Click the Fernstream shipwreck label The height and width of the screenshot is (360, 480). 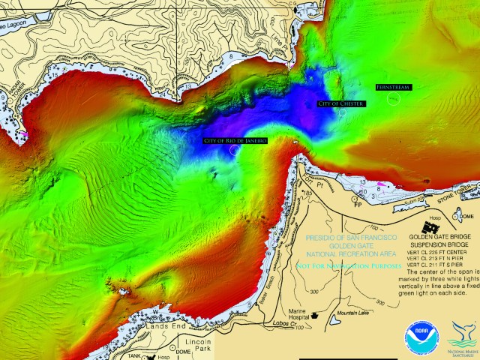click(393, 88)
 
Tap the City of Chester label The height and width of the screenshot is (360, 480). click(341, 103)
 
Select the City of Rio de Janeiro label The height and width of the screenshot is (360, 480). click(235, 140)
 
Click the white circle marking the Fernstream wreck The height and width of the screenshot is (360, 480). click(394, 100)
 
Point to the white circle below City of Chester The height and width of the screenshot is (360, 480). click(342, 112)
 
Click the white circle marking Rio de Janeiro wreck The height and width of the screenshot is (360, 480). click(235, 150)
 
